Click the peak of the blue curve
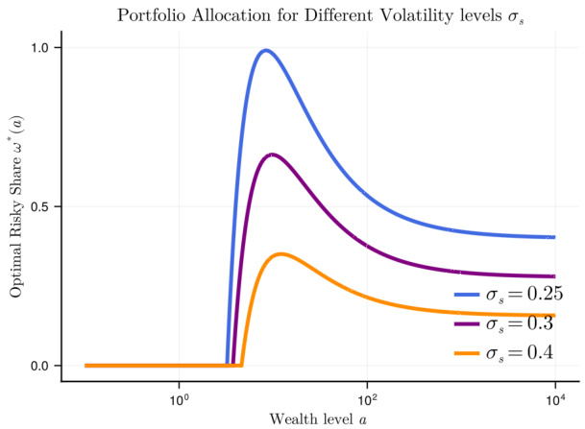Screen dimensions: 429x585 pyautogui.click(x=266, y=50)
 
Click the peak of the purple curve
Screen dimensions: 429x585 pyautogui.click(x=273, y=154)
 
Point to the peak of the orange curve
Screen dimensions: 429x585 pyautogui.click(x=280, y=253)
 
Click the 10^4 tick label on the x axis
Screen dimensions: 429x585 pyautogui.click(x=554, y=397)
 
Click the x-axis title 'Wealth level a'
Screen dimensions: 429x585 pyautogui.click(x=309, y=418)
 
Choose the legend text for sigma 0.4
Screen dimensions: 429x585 pyautogui.click(x=519, y=353)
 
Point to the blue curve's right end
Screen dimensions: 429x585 pyautogui.click(x=554, y=237)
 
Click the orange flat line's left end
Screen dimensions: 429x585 pyautogui.click(x=86, y=366)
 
